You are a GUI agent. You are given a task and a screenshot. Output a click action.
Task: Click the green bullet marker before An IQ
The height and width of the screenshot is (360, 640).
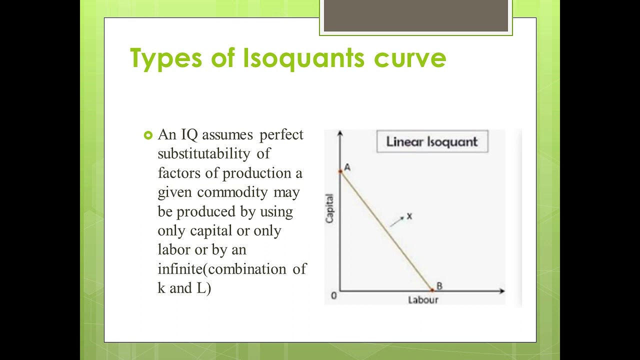[147, 135]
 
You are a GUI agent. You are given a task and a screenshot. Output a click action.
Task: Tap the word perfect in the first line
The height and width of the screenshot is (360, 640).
[281, 135]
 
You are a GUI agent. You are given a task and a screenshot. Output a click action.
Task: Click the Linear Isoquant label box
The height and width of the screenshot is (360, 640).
[432, 141]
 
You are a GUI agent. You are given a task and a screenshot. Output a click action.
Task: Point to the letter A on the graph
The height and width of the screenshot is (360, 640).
[347, 167]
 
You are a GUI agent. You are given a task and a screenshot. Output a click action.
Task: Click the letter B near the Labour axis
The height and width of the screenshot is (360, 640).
[439, 286]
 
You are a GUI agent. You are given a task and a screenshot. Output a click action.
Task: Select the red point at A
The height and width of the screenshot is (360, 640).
[340, 171]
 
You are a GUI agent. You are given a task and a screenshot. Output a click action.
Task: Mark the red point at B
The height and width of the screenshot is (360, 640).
[432, 290]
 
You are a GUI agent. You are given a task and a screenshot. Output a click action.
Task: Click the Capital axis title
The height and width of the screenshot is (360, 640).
[330, 208]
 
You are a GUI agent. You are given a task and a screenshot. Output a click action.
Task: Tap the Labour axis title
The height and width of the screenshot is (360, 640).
[423, 300]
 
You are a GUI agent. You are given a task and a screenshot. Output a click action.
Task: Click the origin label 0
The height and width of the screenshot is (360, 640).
[334, 296]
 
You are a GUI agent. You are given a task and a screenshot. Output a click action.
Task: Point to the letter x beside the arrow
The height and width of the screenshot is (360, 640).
[409, 216]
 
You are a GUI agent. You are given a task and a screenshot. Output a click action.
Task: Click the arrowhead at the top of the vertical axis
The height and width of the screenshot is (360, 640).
[340, 133]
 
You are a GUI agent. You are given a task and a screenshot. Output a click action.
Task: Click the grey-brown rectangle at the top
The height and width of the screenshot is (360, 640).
[416, 15]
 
